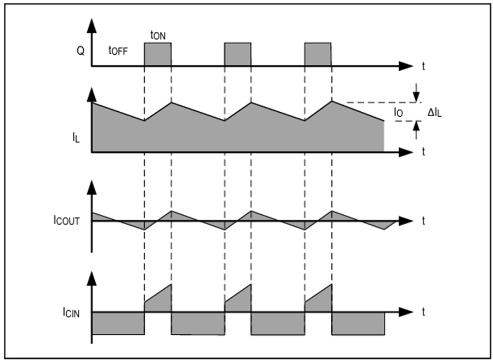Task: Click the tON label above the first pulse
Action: (158, 35)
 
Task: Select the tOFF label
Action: (118, 50)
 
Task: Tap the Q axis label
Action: (81, 50)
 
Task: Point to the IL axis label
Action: (76, 138)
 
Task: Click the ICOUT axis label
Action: (67, 220)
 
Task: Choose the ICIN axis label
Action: (71, 312)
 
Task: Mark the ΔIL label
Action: (434, 112)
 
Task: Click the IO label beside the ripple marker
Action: (398, 112)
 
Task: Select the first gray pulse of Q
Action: (158, 54)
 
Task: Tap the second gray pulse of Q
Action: (238, 54)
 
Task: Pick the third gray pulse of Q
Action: (318, 54)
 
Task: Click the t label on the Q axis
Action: (423, 66)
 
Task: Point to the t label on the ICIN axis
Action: (423, 312)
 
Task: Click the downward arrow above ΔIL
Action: (416, 93)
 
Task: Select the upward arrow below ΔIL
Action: (416, 130)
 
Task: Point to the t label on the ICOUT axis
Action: (423, 221)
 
